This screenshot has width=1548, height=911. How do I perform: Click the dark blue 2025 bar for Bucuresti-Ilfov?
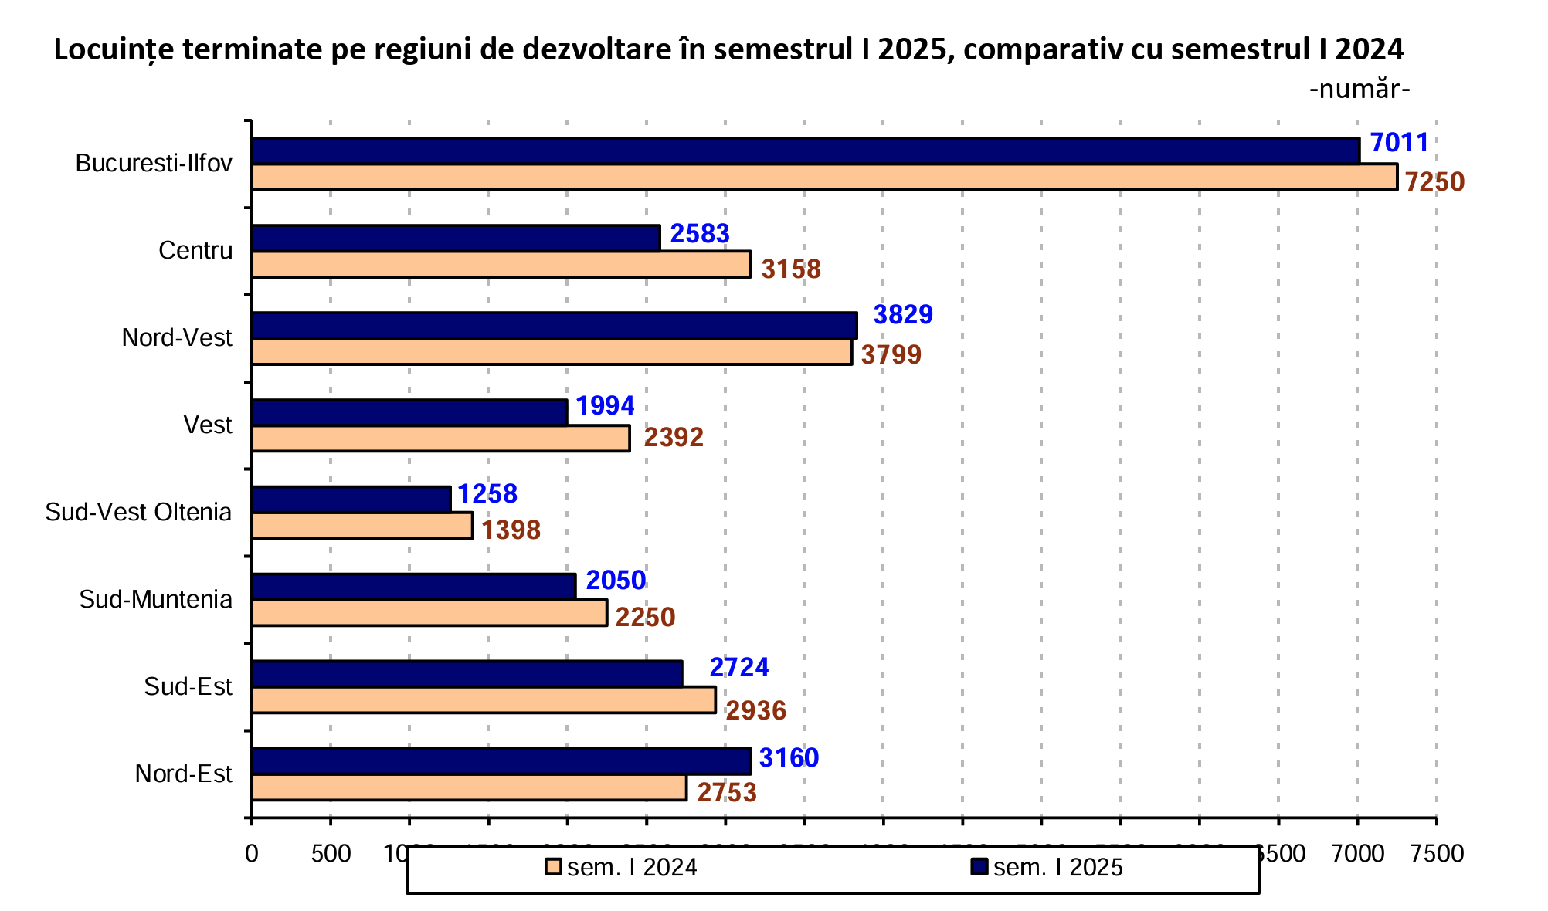click(805, 151)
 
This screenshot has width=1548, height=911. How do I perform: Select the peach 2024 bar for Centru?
click(501, 264)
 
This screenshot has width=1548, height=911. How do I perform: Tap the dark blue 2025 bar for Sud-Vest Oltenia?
click(351, 500)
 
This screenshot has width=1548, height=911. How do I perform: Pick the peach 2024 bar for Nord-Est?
click(469, 787)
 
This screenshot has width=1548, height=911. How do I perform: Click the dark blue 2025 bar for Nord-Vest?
click(554, 326)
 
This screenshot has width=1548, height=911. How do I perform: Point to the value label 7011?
click(1399, 143)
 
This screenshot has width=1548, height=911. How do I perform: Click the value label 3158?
click(791, 269)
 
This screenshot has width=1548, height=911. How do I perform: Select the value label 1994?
click(605, 406)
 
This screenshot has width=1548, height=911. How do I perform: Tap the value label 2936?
click(755, 711)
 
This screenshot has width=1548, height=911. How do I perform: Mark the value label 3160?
click(789, 758)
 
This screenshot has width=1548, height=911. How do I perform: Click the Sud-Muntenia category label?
click(155, 600)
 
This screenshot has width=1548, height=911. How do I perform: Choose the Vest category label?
click(207, 425)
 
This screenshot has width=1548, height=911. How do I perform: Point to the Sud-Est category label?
click(188, 687)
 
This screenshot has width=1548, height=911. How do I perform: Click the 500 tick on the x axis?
click(331, 854)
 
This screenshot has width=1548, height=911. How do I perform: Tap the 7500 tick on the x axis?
click(1436, 854)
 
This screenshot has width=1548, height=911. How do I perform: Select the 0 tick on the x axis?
click(251, 854)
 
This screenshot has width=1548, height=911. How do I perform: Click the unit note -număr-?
click(1359, 90)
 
